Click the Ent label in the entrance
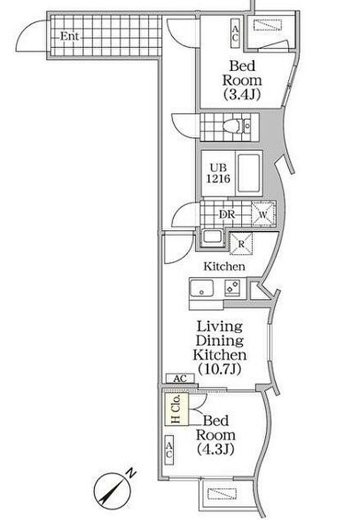tap(69, 36)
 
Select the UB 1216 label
tap(218, 174)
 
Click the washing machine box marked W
tap(263, 214)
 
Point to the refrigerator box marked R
tap(241, 244)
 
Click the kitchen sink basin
tap(202, 288)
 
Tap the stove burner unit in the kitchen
tap(232, 288)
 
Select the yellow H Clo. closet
tap(177, 409)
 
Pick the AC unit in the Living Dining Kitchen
tap(180, 378)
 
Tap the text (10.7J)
tap(219, 369)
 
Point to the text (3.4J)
tap(241, 95)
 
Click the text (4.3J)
tap(215, 449)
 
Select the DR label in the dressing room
tap(227, 215)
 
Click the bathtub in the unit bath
tap(248, 174)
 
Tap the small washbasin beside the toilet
tap(247, 125)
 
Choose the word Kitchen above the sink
tap(224, 266)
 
